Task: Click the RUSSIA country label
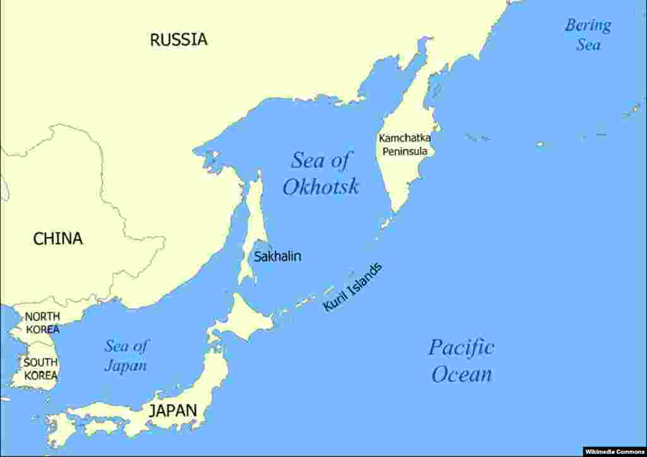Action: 178,40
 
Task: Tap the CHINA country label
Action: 58,239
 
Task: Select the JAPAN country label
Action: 172,410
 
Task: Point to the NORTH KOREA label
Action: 42,323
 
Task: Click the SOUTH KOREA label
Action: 41,369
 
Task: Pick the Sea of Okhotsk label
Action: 320,174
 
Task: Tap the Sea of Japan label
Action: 126,355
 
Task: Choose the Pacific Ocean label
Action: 461,360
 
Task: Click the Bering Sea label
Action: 588,35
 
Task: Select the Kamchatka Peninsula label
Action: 404,145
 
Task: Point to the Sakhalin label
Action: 277,256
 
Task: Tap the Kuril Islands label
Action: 353,287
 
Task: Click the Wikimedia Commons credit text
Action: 614,451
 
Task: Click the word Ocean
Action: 461,374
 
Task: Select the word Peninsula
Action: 404,151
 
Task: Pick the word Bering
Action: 588,26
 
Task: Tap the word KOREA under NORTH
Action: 43,329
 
